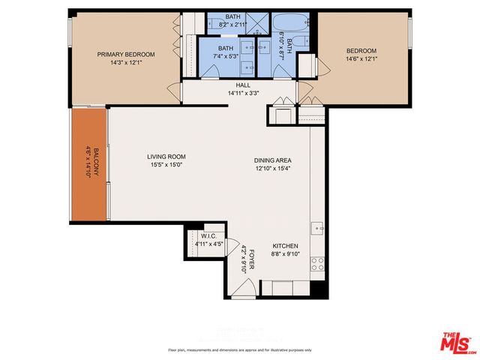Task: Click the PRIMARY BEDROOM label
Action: (126, 54)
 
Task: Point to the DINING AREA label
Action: (272, 160)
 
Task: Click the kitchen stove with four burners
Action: (318, 263)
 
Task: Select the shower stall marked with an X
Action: (256, 22)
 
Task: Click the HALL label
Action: (243, 85)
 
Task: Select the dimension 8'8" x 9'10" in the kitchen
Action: (285, 254)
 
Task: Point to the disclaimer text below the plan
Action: (240, 350)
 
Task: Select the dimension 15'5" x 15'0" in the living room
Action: (166, 165)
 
